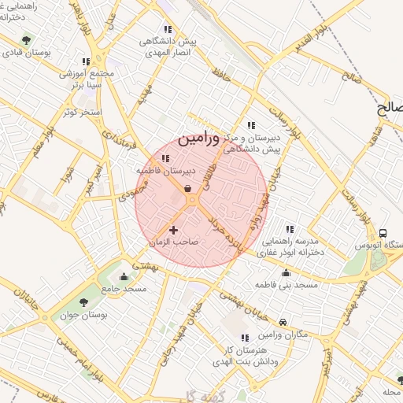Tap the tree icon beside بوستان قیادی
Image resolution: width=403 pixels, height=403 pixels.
click(x=27, y=40)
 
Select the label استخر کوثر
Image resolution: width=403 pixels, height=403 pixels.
click(x=80, y=113)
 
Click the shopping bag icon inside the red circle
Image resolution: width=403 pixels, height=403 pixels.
click(x=189, y=187)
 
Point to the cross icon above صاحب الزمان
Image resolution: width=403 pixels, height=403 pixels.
click(x=174, y=230)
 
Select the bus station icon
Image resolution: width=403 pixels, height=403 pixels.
click(x=383, y=233)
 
